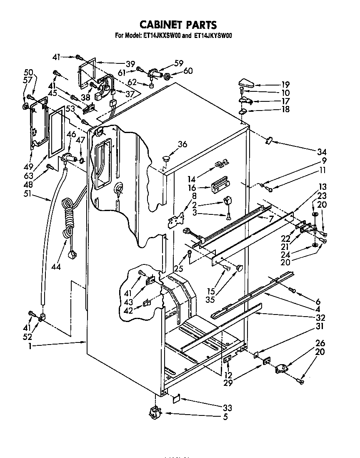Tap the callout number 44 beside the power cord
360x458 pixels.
point(56,266)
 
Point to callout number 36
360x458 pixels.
point(182,145)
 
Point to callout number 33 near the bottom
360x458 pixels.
point(227,408)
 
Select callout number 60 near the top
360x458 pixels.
point(188,71)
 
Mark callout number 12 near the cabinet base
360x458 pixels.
point(228,375)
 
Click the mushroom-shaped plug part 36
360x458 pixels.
point(167,158)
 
